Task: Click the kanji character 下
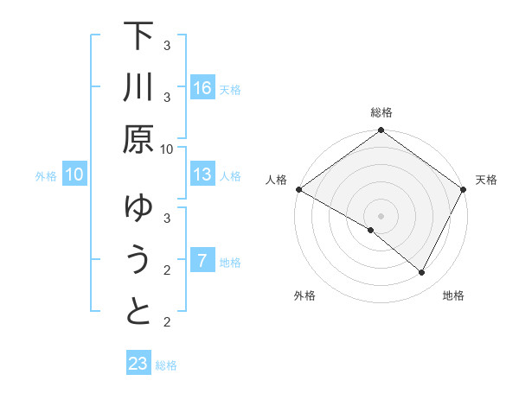coord(138,37)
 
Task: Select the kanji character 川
coord(138,88)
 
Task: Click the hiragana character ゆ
coord(138,208)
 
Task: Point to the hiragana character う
coord(138,259)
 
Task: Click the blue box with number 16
coord(202,88)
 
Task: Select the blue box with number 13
coord(202,174)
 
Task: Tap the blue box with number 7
coord(202,261)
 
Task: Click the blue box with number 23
coord(138,364)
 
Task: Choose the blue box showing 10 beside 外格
coord(74,174)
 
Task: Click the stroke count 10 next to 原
coord(167,149)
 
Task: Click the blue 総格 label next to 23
coord(166,365)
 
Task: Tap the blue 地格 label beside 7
coord(230,262)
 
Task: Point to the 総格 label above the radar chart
coord(381,112)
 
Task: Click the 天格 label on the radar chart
coord(486,180)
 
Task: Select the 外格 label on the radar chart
coord(304,295)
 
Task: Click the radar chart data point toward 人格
coord(298,189)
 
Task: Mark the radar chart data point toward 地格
coord(422,273)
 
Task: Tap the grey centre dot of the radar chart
coord(381,216)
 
